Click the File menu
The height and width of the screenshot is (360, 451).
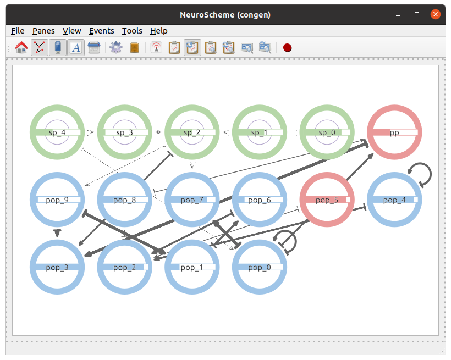tap(18, 31)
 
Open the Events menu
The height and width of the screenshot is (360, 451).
tap(102, 31)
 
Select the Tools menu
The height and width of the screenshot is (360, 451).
tap(132, 31)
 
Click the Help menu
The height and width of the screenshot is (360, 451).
tap(159, 31)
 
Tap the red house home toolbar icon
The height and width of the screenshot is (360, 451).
tap(21, 47)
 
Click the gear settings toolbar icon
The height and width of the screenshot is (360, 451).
tap(116, 47)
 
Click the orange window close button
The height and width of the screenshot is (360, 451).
tap(436, 14)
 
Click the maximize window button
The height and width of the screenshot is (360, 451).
tap(417, 14)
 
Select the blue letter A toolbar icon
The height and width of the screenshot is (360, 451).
tap(76, 47)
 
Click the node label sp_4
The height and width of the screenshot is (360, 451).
tap(57, 132)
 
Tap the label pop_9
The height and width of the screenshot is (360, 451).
tap(57, 200)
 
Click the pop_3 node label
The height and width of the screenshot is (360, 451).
tap(57, 268)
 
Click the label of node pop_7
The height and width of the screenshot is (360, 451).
tap(192, 200)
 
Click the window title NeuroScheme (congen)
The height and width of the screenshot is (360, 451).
tap(225, 15)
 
